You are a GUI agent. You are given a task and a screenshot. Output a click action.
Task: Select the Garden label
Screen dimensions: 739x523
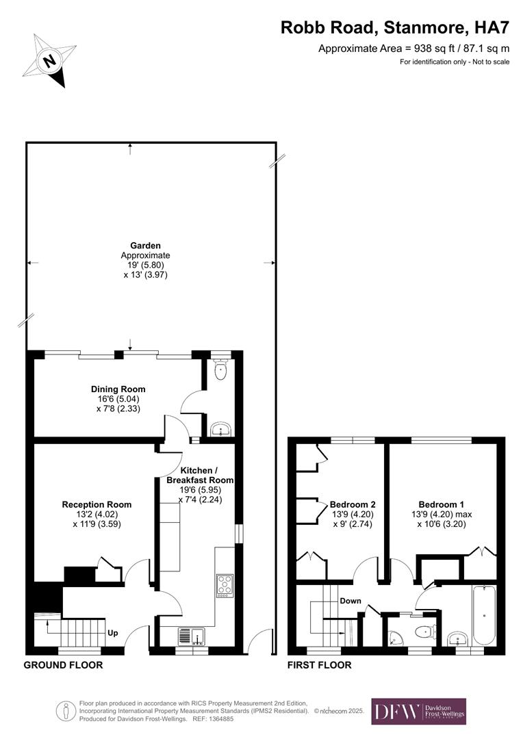click(145, 246)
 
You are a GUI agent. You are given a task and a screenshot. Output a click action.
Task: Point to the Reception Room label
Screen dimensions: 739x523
click(97, 505)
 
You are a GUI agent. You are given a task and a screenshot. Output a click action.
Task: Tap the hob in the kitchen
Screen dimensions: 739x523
click(225, 585)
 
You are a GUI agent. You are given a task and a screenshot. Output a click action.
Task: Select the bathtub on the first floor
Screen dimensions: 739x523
click(485, 615)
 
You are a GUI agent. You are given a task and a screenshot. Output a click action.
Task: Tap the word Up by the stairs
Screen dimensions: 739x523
click(113, 634)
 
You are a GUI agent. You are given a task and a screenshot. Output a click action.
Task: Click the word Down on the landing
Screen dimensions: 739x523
click(350, 601)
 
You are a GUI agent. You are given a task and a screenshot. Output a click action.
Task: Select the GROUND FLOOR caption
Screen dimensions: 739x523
click(63, 665)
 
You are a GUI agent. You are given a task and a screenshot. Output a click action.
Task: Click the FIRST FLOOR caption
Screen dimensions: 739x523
click(319, 665)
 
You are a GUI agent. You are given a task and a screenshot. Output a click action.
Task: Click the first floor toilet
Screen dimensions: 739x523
click(424, 631)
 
